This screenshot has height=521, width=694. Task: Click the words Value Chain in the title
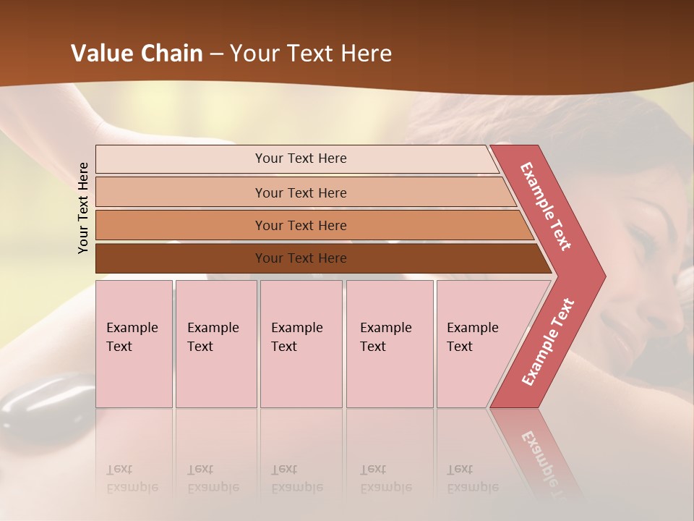137,54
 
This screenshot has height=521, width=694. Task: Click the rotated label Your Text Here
84,208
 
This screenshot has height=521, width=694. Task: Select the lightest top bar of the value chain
300,158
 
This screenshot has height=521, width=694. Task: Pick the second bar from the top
300,192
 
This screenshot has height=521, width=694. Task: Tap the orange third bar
300,225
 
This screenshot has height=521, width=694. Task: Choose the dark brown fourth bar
300,258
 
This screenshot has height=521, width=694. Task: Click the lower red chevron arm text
547,342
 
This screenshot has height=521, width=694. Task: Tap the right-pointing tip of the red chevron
597,276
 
